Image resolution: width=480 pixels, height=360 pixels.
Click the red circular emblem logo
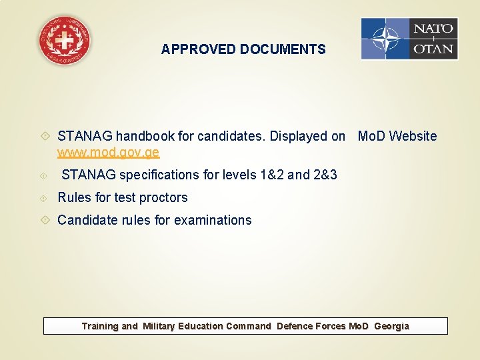[x=65, y=40]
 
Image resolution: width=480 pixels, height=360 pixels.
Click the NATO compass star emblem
[x=385, y=39]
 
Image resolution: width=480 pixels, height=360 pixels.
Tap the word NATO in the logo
[x=433, y=29]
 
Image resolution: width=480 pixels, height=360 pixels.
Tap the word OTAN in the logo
[x=433, y=49]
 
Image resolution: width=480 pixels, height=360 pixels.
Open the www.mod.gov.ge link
[x=108, y=153]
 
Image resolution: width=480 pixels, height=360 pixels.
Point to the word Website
[x=413, y=137]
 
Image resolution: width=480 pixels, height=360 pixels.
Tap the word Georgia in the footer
[x=391, y=327]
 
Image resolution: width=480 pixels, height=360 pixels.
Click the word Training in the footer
[x=100, y=327]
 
